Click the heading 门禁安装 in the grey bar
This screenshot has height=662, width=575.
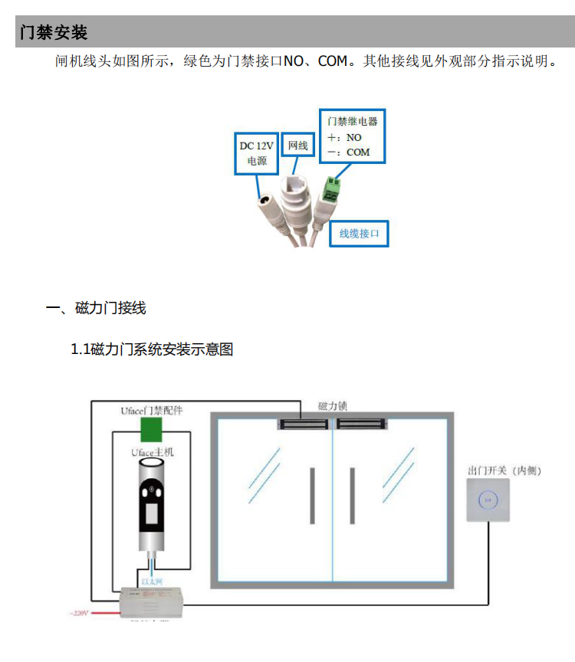tap(54, 32)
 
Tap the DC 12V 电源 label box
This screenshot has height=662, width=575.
tap(257, 152)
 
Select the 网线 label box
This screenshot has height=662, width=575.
tap(297, 146)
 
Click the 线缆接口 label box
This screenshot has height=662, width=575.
tap(360, 233)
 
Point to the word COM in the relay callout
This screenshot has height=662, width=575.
tap(358, 152)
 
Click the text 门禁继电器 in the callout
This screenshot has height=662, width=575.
tap(352, 121)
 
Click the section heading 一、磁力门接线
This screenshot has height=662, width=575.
tap(96, 308)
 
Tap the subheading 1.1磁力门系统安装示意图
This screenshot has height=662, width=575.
tap(152, 349)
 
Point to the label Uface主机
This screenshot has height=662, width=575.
tap(152, 452)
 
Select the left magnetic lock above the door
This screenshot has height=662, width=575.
tap(304, 422)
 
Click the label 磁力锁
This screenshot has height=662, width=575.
tap(333, 406)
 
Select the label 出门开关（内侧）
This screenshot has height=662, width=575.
tap(504, 470)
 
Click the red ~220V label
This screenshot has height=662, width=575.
tap(80, 614)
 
